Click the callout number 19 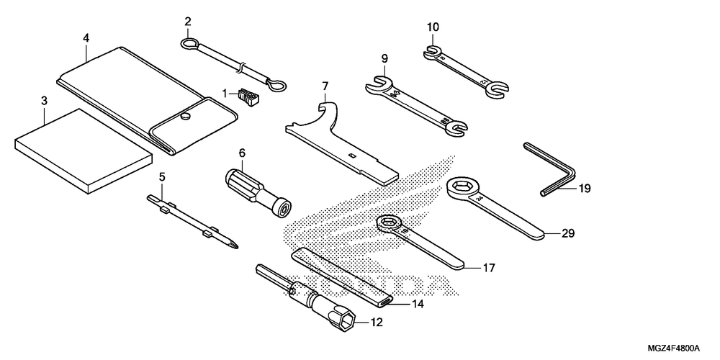583,189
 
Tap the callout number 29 568,234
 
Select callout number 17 488,269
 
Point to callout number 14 418,305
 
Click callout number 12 377,323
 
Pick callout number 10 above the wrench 432,28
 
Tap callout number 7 325,88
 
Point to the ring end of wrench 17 389,225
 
